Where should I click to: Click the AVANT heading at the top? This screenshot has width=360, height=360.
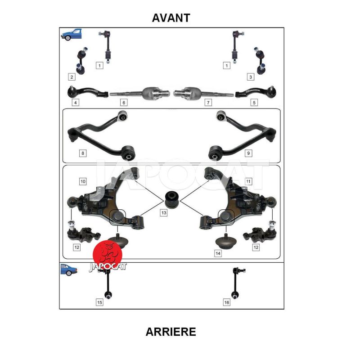click(x=171, y=18)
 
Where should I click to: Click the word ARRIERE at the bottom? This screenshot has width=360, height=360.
click(x=171, y=332)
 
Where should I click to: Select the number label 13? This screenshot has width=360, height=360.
click(x=164, y=213)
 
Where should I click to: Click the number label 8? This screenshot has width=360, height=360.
click(x=83, y=153)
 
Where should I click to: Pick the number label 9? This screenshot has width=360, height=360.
click(x=248, y=153)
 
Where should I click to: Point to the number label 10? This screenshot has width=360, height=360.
click(x=83, y=182)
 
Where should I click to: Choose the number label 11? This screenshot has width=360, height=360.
click(x=248, y=182)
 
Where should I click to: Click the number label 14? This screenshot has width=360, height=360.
click(x=218, y=253)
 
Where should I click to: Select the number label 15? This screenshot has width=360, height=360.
click(x=99, y=302)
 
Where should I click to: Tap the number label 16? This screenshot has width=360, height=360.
click(x=227, y=302)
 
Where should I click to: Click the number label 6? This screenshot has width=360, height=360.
click(x=124, y=103)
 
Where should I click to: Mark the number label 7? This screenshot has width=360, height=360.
click(x=208, y=103)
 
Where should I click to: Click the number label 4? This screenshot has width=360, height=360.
click(x=76, y=103)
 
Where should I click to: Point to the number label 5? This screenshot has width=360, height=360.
click(x=254, y=103)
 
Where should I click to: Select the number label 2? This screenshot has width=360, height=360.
click(x=72, y=77)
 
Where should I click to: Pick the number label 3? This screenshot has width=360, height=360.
click(x=251, y=77)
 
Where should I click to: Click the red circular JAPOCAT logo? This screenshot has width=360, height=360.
click(x=108, y=254)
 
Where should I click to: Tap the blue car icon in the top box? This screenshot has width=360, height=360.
click(x=72, y=35)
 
